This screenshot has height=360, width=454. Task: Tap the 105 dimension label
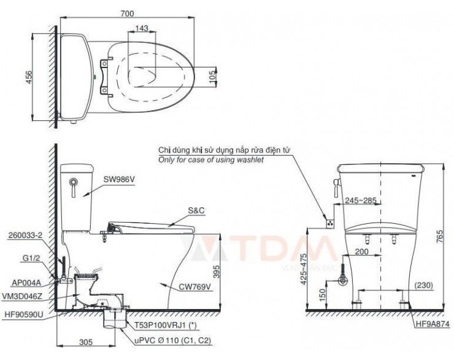212,74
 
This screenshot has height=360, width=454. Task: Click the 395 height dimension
226,270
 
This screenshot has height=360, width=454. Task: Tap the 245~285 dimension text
360,199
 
